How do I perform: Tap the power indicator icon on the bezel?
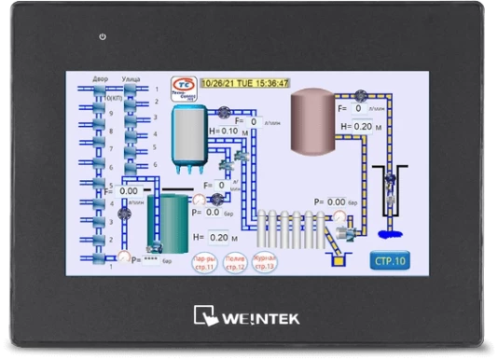coord(102,37)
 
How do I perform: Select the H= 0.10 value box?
coord(229,132)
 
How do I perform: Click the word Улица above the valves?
coord(131,80)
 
